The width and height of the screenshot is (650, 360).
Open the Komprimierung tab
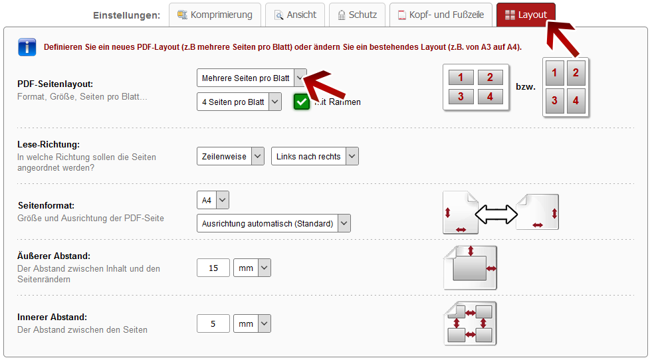[x=215, y=15]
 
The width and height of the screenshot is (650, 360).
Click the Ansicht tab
[x=294, y=15]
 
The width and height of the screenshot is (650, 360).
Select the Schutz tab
[x=357, y=15]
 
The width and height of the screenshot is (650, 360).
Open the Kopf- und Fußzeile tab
[x=441, y=15]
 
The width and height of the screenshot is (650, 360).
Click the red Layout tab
[x=526, y=15]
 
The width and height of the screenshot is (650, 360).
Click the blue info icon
[x=27, y=47]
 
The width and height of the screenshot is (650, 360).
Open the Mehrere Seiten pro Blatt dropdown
[x=252, y=78]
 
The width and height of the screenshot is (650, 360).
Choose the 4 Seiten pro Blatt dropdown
[x=239, y=102]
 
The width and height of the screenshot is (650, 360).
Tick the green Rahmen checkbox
[x=301, y=102]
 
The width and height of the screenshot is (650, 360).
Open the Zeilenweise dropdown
[x=231, y=156]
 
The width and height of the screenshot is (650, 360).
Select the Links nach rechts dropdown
[x=315, y=156]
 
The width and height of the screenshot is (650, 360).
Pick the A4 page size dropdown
[x=213, y=200]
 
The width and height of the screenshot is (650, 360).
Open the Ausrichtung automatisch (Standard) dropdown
[x=274, y=223]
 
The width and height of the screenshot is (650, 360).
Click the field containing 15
[x=213, y=268]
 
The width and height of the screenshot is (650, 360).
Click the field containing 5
[x=213, y=323]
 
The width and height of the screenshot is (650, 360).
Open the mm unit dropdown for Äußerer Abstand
[x=252, y=268]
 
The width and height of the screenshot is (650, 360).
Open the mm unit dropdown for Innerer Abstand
[x=252, y=323]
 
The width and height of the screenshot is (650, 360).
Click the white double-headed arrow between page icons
[x=496, y=214]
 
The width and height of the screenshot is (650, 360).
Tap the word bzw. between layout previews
[x=526, y=87]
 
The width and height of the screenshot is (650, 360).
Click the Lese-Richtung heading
[x=49, y=145]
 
